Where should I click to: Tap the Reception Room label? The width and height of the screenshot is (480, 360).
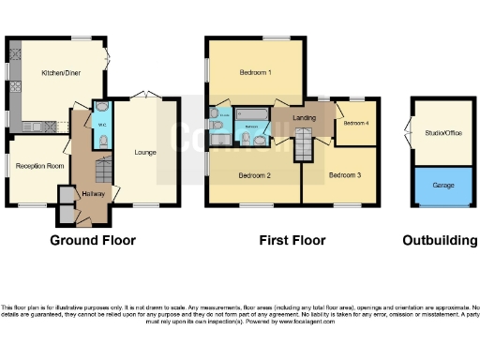click(x=39, y=166)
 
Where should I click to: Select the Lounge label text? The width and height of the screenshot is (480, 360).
click(x=144, y=152)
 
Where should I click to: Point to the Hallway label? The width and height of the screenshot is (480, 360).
click(x=93, y=193)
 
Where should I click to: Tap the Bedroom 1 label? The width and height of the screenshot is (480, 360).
click(x=254, y=72)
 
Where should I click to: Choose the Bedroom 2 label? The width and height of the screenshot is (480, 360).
click(x=254, y=175)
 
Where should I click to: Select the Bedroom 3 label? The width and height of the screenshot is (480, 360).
click(x=344, y=175)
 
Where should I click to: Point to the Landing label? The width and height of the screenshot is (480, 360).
click(x=304, y=117)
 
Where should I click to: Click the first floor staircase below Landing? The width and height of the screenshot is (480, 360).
click(x=304, y=147)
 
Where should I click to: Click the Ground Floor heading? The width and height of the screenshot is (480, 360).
click(x=93, y=241)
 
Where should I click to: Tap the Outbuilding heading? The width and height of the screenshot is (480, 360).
click(x=440, y=241)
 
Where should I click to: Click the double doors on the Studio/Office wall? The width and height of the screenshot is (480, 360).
click(x=410, y=134)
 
